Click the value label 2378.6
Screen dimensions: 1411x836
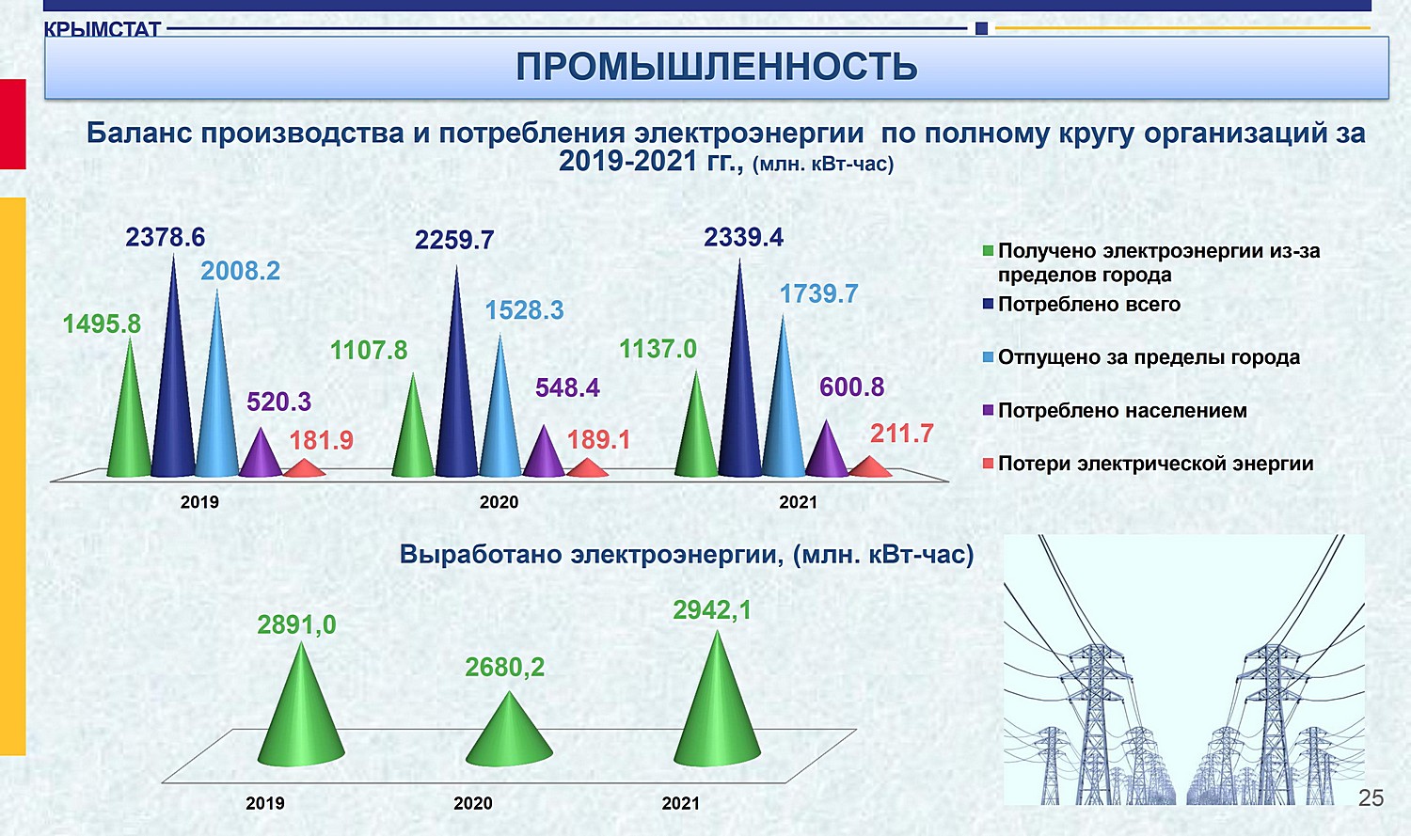[165, 237]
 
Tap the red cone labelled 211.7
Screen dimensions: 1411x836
[870, 466]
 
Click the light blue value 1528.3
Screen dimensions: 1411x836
[524, 310]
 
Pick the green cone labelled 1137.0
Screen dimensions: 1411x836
[696, 428]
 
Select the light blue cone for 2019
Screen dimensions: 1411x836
[216, 390]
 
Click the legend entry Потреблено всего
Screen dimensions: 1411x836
[1082, 305]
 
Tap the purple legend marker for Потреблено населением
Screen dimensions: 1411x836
[989, 410]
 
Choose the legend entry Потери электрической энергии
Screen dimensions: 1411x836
[1149, 464]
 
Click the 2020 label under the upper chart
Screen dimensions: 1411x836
[499, 502]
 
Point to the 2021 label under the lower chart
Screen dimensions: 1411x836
[680, 803]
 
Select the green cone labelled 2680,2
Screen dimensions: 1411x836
[509, 733]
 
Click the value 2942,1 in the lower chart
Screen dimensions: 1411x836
[712, 610]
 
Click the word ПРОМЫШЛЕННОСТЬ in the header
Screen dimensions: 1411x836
[716, 67]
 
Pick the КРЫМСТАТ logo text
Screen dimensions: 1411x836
[102, 29]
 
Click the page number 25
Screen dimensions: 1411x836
[1371, 798]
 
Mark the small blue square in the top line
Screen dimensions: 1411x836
[981, 28]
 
